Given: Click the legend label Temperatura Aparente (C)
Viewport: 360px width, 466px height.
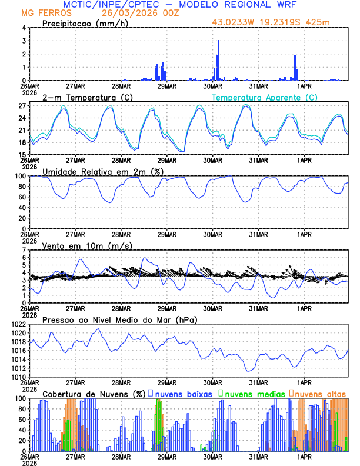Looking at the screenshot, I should pos(265,97).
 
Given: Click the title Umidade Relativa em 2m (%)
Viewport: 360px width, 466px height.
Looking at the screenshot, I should pos(102,171).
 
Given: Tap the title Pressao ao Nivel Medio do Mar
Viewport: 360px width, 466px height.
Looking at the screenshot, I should pos(119,319).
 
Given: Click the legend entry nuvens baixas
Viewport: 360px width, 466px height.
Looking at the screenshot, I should pos(184,393).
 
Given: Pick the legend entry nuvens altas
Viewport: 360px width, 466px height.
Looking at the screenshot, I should pos(320,393).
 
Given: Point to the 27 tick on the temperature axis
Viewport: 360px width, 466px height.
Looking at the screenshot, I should pos(22,106).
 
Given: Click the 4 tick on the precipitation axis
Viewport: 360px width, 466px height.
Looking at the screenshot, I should pos(25,28).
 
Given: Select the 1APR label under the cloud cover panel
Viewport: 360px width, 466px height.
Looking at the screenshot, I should pos(304,456).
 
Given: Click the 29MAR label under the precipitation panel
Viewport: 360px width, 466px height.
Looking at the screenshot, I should pos(167,85).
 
